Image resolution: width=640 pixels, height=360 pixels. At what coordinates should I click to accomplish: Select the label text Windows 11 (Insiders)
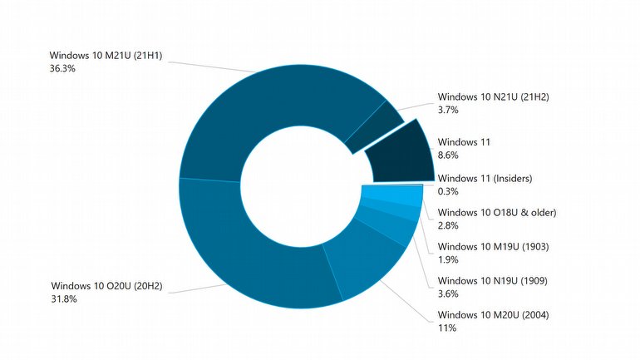485,178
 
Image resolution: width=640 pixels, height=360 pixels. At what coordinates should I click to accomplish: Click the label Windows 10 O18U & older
496,213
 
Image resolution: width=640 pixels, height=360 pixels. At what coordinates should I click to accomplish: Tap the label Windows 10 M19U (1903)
493,247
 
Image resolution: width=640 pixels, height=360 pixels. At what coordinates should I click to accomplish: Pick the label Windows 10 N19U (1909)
493,281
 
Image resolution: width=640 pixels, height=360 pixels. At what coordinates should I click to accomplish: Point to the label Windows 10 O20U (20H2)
106,286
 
